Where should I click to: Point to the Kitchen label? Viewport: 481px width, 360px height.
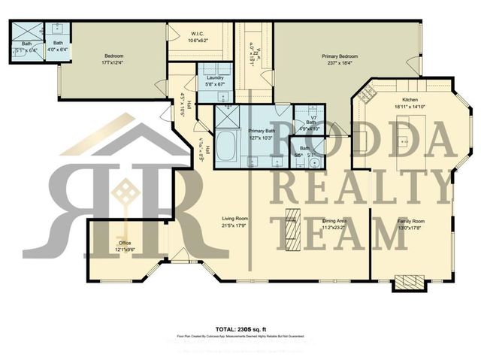(410, 100)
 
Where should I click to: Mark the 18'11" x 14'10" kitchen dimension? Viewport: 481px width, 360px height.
(410, 107)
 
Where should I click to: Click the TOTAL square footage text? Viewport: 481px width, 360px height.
(241, 329)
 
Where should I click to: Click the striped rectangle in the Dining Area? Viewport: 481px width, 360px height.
(290, 226)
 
